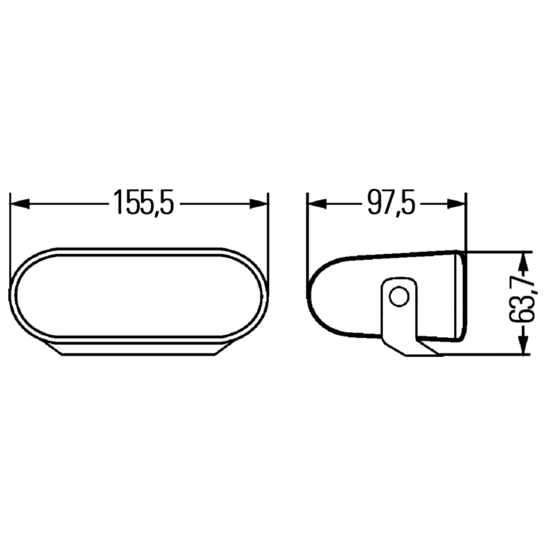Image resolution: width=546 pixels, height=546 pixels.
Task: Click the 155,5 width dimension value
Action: click(144, 203)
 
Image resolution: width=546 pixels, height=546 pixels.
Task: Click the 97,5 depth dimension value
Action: click(391, 203)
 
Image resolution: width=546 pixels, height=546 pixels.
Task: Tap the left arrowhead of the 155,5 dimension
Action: click(20, 204)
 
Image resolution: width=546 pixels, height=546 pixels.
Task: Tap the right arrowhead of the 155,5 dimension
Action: click(259, 204)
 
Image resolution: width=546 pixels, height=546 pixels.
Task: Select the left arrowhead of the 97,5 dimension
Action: click(317, 204)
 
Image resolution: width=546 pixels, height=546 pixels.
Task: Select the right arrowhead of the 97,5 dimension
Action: click(456, 204)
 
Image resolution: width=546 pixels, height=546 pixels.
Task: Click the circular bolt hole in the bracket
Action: click(399, 297)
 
